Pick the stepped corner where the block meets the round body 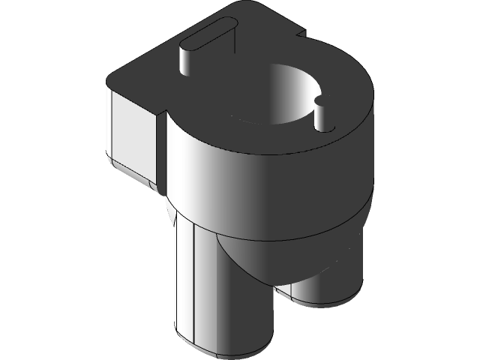click(162, 116)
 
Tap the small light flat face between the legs click(285, 288)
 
